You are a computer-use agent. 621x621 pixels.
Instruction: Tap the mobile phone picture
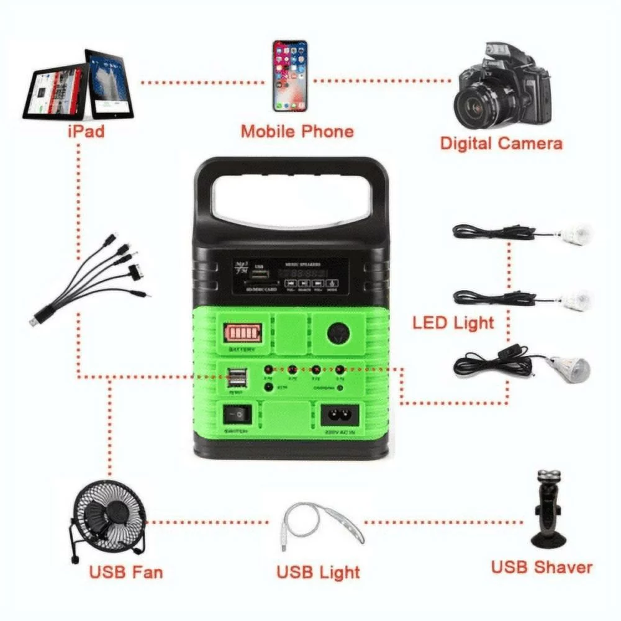290,76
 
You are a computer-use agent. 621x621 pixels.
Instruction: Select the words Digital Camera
501,143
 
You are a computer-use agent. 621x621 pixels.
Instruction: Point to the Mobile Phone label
297,132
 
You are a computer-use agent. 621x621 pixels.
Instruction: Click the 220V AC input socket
338,414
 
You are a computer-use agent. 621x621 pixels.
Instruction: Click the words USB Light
318,571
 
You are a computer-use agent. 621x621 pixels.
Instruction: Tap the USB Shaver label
542,567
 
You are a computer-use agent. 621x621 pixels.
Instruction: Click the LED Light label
453,323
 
